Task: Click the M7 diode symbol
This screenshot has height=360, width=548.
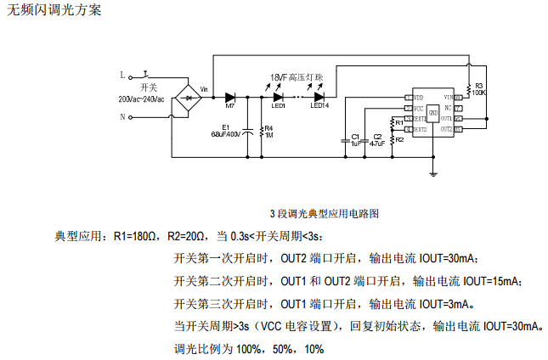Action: tap(229, 97)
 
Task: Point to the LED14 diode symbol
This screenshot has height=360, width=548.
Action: tap(319, 97)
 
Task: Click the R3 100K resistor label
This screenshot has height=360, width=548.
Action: tap(479, 88)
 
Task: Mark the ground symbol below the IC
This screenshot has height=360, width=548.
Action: tap(434, 175)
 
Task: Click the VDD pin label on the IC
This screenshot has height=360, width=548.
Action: tap(419, 98)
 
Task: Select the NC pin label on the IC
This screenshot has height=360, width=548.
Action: tap(448, 109)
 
